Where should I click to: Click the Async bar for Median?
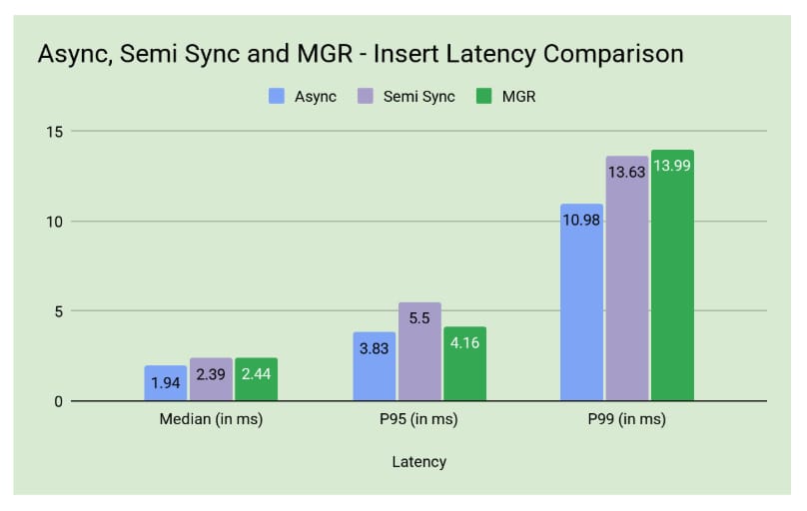coord(165,383)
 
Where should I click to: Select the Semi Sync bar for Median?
coord(211,379)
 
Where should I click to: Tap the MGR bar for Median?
coord(257,379)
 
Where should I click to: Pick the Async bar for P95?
coord(374,366)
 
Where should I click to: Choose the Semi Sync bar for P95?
coord(419,351)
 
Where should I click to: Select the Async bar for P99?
coord(581,302)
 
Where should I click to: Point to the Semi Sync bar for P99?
coord(627,278)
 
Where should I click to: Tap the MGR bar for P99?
coord(672,275)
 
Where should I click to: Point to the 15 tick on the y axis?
coord(56,132)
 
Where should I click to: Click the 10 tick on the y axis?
coord(56,222)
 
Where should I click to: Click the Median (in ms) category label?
coord(211,420)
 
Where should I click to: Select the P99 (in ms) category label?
coord(626,420)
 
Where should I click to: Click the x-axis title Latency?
coord(418,462)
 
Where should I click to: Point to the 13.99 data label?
coord(672,166)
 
